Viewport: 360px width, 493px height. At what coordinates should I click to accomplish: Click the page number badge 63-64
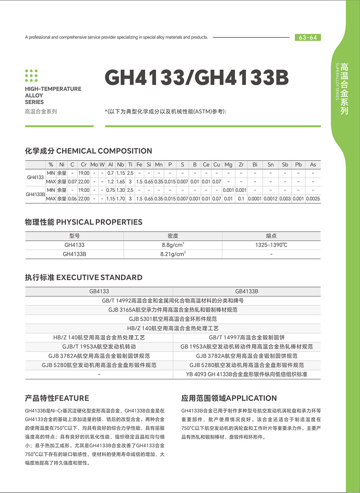tap(308, 38)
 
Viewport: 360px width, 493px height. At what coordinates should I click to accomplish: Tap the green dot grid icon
tap(31, 75)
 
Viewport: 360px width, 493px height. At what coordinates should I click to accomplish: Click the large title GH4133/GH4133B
tap(197, 78)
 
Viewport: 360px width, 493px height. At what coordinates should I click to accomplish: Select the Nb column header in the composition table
tap(120, 164)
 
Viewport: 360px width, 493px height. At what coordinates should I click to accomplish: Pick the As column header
tap(313, 164)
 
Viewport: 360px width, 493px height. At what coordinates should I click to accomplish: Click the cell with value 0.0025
tap(313, 199)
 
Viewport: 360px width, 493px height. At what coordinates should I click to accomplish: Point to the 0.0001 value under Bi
tap(255, 199)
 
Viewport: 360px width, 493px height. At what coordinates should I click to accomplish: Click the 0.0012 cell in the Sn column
tap(270, 199)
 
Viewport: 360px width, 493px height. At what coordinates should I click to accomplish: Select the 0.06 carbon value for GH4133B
tap(72, 199)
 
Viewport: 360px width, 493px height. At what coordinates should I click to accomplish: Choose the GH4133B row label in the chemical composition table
tap(35, 194)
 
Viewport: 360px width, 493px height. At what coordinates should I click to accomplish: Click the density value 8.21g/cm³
tap(173, 254)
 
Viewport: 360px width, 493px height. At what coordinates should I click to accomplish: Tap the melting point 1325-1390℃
tap(271, 245)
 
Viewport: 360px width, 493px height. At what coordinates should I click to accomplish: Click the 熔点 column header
tap(271, 236)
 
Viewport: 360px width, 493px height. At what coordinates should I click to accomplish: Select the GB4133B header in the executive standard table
tap(246, 291)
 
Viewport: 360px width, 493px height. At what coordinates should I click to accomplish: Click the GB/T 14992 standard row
tap(173, 300)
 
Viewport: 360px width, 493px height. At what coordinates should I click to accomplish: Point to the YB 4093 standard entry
tap(246, 374)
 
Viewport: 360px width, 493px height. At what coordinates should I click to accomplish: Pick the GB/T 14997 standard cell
tap(246, 338)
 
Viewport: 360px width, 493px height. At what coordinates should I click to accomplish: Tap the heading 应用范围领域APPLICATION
tap(229, 398)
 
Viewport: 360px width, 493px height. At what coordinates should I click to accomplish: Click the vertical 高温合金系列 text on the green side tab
tap(345, 89)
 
